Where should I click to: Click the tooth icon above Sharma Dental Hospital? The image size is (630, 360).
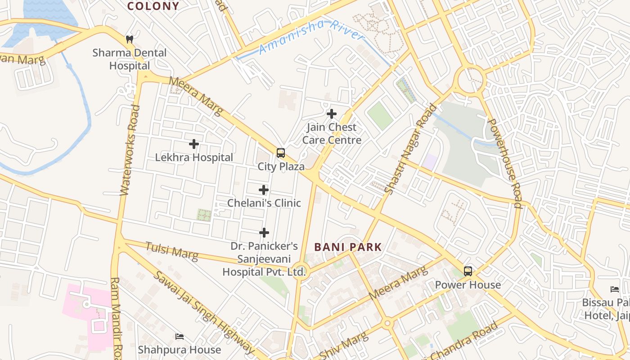point(130,39)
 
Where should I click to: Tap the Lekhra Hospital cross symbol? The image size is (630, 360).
point(194,144)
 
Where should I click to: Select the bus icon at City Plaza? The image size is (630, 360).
point(281,153)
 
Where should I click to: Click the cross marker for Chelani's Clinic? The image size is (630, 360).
point(264,190)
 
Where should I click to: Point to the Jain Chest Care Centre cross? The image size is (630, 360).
point(332,114)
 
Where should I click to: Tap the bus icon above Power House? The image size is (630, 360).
point(468,271)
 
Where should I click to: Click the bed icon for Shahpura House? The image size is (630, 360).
point(180,337)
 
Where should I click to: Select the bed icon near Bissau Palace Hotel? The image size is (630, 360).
point(615,289)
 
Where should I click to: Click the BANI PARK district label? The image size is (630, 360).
point(348,247)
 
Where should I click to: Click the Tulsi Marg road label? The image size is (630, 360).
point(171,252)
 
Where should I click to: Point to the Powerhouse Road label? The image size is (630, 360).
point(505,163)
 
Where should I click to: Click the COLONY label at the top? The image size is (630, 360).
point(153,6)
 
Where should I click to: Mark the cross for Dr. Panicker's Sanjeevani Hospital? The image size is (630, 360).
point(264,233)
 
